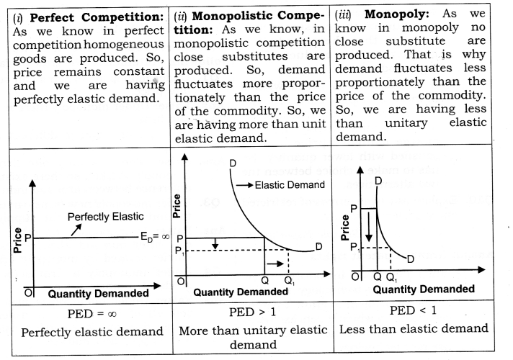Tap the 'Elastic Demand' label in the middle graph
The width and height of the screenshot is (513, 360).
tap(288, 185)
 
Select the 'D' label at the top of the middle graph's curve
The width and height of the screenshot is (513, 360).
tap(233, 164)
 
